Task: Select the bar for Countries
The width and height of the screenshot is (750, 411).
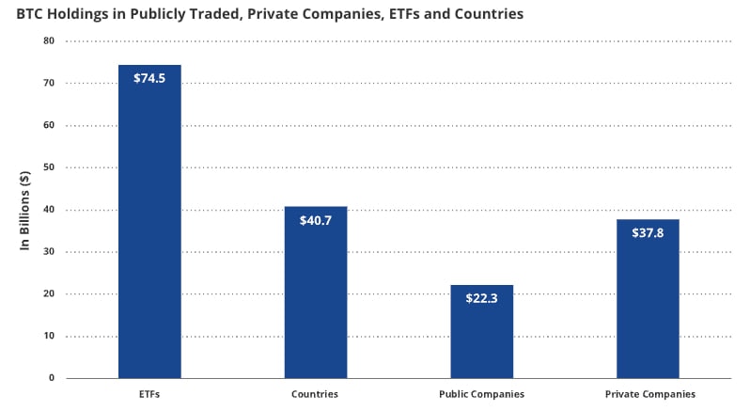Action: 316,301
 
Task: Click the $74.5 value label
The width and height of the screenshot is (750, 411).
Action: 149,78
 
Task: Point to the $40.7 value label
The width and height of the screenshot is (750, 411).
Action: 316,220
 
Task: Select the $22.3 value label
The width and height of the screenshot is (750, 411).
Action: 481,298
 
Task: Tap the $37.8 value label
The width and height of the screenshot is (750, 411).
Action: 648,233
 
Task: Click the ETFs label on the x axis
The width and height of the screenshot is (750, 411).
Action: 149,394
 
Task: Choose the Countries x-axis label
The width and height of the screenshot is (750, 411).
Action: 316,394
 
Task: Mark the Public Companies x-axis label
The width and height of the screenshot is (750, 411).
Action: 481,394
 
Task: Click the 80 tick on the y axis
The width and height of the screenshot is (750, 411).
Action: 49,41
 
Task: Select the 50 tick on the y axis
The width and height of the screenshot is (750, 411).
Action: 49,167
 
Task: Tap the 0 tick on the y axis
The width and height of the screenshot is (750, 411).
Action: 52,378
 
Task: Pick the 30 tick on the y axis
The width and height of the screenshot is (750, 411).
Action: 49,251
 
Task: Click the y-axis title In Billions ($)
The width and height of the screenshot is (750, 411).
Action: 25,210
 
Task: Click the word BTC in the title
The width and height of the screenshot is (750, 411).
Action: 31,15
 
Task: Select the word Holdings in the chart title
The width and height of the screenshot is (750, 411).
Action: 84,15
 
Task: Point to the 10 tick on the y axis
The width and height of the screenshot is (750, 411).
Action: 49,336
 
